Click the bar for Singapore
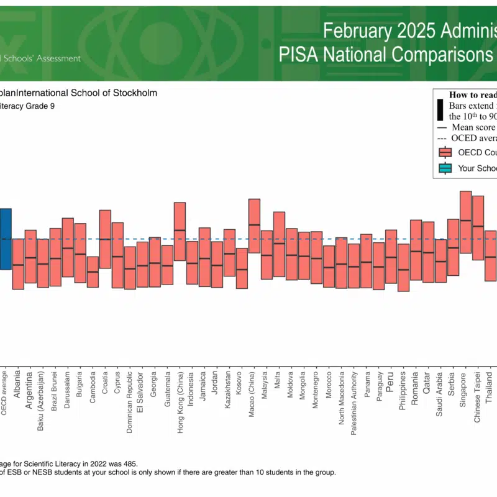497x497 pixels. tap(465, 222)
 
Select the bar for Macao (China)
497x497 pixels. tap(254, 226)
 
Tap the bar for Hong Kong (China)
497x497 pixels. tap(180, 231)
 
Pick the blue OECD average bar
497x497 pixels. tap(5, 239)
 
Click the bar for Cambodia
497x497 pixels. tap(93, 271)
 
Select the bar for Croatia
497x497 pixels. tap(105, 239)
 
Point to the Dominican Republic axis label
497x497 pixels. tap(129, 398)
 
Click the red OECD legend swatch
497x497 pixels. tap(444, 152)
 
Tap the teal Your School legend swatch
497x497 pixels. tap(444, 168)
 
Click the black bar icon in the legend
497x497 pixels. tap(440, 111)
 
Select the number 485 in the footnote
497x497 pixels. tap(128, 463)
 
